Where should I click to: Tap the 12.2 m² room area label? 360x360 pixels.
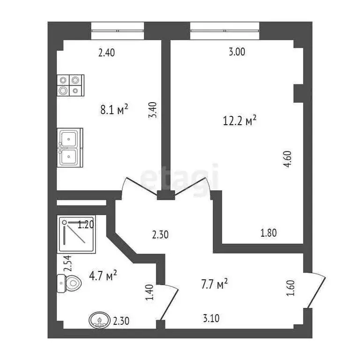pos(239,121)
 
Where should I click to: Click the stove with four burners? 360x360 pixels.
pos(70,86)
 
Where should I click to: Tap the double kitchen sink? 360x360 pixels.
pos(70,147)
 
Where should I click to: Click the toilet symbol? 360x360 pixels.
pos(67,283)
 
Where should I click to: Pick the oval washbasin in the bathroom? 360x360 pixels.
pos(100,321)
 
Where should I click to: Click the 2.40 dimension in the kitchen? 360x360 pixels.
pos(106,52)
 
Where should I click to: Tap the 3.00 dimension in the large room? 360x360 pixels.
pos(237,52)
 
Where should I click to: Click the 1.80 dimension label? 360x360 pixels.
pos(269,232)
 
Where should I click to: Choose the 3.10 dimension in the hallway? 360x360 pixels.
pos(211,319)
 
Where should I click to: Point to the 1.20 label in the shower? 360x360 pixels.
pos(86,225)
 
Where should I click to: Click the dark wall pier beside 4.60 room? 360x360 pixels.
pos(299,93)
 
